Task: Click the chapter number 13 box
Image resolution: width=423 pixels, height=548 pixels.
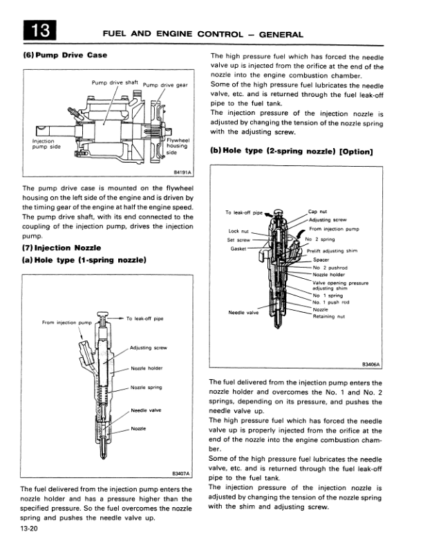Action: pyautogui.click(x=39, y=30)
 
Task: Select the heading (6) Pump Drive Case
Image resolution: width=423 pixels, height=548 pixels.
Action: pyautogui.click(x=65, y=55)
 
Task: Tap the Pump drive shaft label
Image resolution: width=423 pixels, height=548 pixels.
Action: pyautogui.click(x=115, y=83)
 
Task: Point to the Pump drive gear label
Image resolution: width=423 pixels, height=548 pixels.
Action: pyautogui.click(x=166, y=85)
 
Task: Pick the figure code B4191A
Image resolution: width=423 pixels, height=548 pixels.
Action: pyautogui.click(x=182, y=171)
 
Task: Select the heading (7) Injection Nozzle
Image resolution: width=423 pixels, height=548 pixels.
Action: pyautogui.click(x=62, y=248)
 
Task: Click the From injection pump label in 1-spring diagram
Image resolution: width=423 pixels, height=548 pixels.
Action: pyautogui.click(x=66, y=322)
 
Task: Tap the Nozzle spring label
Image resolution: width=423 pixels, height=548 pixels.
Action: pyautogui.click(x=146, y=387)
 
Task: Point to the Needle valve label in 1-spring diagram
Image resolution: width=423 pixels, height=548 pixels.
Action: pyautogui.click(x=146, y=410)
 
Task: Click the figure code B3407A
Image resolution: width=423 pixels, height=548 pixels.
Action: pyautogui.click(x=181, y=474)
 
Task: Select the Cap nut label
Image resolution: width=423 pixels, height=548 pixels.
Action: pyautogui.click(x=318, y=212)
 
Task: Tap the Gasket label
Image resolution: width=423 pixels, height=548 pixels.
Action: pyautogui.click(x=238, y=248)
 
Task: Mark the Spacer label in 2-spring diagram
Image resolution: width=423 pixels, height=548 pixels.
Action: pyautogui.click(x=322, y=260)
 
